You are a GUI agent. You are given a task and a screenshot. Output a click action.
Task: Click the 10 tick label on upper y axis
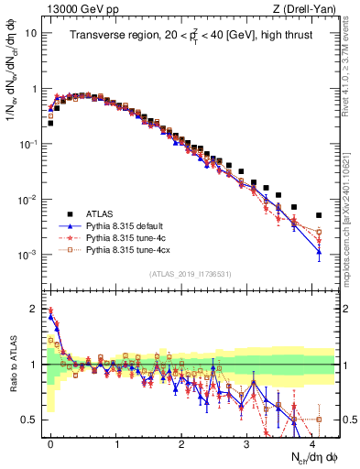[x=30, y=33]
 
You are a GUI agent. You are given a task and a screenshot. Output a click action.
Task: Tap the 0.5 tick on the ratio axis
[x=28, y=420]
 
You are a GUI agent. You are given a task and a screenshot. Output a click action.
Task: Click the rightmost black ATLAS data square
[x=319, y=215]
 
